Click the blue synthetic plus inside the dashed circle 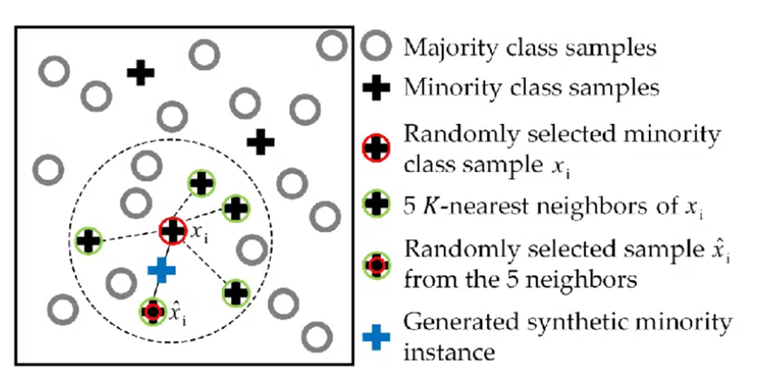click(162, 269)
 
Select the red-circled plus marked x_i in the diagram click(172, 232)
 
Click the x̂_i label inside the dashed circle click(177, 314)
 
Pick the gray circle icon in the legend click(377, 47)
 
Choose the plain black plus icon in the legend click(377, 87)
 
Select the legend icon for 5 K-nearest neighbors click(377, 201)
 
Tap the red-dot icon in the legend click(377, 264)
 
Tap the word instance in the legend click(449, 353)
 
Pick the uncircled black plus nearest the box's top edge click(140, 73)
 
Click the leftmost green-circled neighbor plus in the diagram click(87, 242)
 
